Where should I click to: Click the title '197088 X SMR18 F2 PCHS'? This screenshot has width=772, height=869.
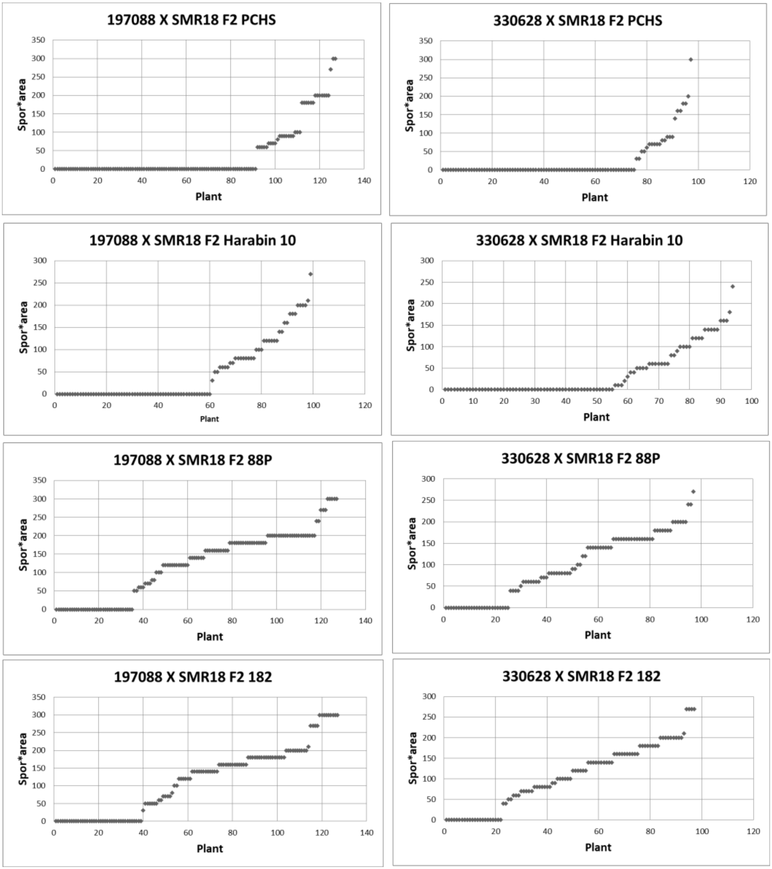191,20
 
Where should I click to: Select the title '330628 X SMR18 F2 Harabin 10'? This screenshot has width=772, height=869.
579,241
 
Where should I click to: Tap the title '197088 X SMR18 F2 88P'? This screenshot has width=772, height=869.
193,460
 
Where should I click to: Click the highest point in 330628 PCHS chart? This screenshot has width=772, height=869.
690,60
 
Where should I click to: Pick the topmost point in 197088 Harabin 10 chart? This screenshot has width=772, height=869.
310,274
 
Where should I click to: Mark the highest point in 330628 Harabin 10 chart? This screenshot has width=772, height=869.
732,287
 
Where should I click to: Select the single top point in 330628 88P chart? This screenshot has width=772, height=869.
693,492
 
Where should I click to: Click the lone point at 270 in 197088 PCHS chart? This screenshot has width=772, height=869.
330,69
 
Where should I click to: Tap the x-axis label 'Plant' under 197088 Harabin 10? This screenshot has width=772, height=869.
209,419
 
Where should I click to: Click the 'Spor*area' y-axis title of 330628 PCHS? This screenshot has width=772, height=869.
409,105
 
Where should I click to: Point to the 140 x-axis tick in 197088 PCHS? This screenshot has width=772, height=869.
364,181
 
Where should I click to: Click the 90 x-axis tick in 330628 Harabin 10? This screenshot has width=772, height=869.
720,401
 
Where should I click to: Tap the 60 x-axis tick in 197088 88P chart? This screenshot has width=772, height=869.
188,621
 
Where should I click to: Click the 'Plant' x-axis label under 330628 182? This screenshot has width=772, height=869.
598,847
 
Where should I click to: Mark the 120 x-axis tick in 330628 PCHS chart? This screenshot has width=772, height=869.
749,182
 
